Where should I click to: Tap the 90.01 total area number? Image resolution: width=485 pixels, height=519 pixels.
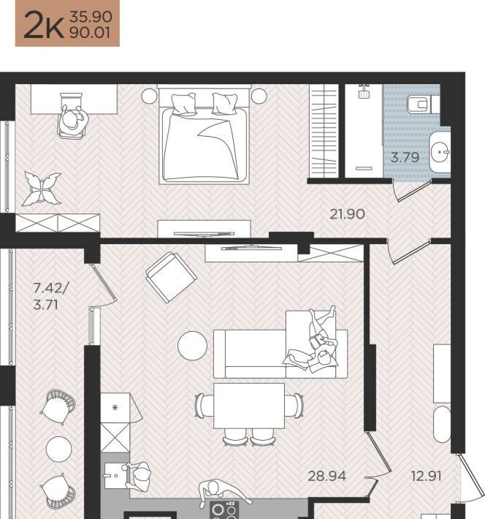[x=90, y=32]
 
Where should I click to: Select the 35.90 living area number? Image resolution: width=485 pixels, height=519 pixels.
[x=91, y=17]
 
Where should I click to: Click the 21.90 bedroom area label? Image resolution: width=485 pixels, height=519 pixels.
[x=348, y=214]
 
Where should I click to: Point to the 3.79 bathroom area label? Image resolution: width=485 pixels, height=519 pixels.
[x=405, y=157]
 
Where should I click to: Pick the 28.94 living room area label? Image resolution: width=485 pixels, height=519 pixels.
[x=326, y=476]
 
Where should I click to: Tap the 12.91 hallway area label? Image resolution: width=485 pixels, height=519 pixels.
[x=426, y=476]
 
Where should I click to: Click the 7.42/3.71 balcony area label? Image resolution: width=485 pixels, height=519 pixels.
[x=50, y=296]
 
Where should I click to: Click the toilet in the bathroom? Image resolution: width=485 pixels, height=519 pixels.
[x=423, y=105]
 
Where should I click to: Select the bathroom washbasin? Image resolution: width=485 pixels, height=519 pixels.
[x=440, y=152]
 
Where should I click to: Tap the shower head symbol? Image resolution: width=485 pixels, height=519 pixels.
[x=363, y=91]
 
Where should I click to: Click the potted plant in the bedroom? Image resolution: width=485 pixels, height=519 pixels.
[x=42, y=188]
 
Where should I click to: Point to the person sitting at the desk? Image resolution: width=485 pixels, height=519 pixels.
[x=74, y=119]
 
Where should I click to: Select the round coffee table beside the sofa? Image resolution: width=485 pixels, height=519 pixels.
[x=193, y=346]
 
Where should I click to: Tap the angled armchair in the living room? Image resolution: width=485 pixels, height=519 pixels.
[x=172, y=277]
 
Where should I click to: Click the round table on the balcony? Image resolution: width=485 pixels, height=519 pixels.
[x=59, y=449]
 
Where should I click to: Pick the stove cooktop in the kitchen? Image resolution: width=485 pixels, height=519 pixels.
[x=224, y=509]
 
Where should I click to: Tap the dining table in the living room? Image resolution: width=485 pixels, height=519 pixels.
[x=249, y=406]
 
